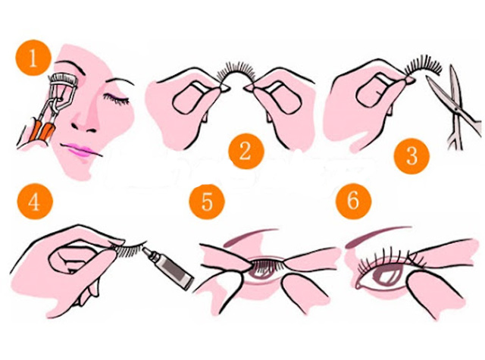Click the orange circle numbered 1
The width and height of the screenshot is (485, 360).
click(33, 58)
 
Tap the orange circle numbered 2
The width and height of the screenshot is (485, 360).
click(246, 152)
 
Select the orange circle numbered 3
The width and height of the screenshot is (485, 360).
click(411, 155)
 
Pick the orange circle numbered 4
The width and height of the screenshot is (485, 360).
click(35, 202)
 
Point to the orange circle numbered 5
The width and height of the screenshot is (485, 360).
click(207, 202)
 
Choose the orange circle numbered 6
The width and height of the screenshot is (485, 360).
click(354, 202)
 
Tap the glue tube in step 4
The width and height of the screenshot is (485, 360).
click(168, 265)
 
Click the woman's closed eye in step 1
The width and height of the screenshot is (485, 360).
click(116, 99)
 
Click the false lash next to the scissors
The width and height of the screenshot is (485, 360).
click(423, 67)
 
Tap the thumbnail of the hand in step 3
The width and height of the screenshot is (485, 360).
click(374, 91)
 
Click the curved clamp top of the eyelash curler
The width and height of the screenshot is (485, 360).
click(64, 78)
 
